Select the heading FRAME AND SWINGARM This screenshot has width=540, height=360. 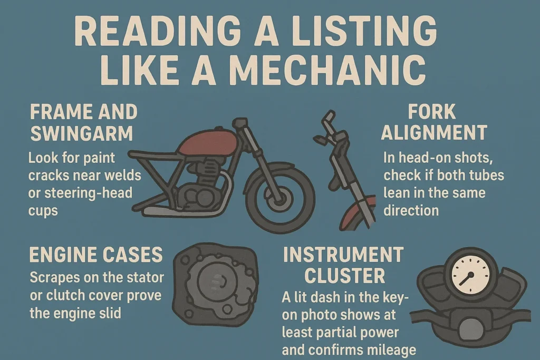[83, 122]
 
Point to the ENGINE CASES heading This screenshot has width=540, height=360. [95, 255]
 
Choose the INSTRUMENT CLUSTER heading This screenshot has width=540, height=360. [343, 265]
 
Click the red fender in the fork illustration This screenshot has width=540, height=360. [359, 211]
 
